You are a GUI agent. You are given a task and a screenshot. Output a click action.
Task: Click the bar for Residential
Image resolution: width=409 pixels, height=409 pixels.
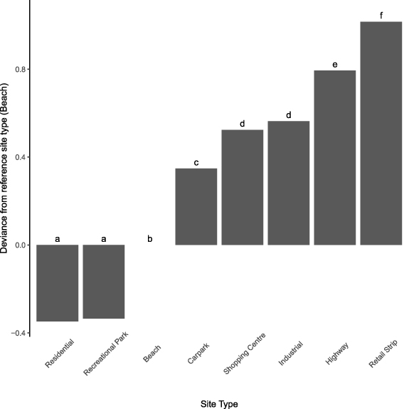pyautogui.click(x=57, y=283)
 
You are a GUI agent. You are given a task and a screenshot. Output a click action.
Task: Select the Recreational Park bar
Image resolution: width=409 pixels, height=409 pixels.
pyautogui.click(x=104, y=282)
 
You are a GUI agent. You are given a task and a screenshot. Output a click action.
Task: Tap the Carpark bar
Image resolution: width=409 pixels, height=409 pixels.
pyautogui.click(x=196, y=206)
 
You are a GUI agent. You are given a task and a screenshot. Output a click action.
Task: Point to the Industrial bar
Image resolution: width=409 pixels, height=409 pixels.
pyautogui.click(x=289, y=183)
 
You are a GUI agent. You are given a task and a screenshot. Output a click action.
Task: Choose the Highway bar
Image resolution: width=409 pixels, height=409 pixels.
pyautogui.click(x=335, y=157)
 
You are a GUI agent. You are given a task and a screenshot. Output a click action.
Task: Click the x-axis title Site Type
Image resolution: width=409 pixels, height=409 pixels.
pyautogui.click(x=218, y=403)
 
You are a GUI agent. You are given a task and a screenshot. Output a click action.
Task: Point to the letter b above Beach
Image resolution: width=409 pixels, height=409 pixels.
pyautogui.click(x=149, y=238)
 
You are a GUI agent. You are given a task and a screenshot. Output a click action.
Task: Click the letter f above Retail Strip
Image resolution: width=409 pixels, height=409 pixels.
pyautogui.click(x=381, y=14)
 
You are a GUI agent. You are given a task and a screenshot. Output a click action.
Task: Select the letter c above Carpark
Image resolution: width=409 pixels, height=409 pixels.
pyautogui.click(x=196, y=161)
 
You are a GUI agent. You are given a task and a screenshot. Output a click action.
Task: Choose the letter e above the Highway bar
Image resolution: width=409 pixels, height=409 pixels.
pyautogui.click(x=335, y=64)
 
